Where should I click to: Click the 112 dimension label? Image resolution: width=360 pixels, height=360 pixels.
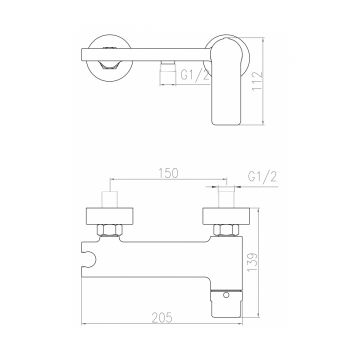[x=257, y=81]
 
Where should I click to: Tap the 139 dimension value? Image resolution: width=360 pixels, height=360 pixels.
[x=253, y=262]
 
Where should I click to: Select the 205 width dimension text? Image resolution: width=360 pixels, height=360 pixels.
[x=162, y=318]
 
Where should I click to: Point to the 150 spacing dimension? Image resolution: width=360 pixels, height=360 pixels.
[x=168, y=173]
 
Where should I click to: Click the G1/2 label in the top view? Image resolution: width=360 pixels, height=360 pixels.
[x=195, y=75]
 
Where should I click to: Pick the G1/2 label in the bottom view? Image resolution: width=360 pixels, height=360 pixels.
[x=262, y=177]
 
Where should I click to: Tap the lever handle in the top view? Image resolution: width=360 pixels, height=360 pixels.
[x=226, y=81]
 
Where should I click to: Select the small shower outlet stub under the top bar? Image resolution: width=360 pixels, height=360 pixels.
[x=167, y=72]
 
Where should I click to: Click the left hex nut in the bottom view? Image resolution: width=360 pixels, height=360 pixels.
[x=110, y=230]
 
